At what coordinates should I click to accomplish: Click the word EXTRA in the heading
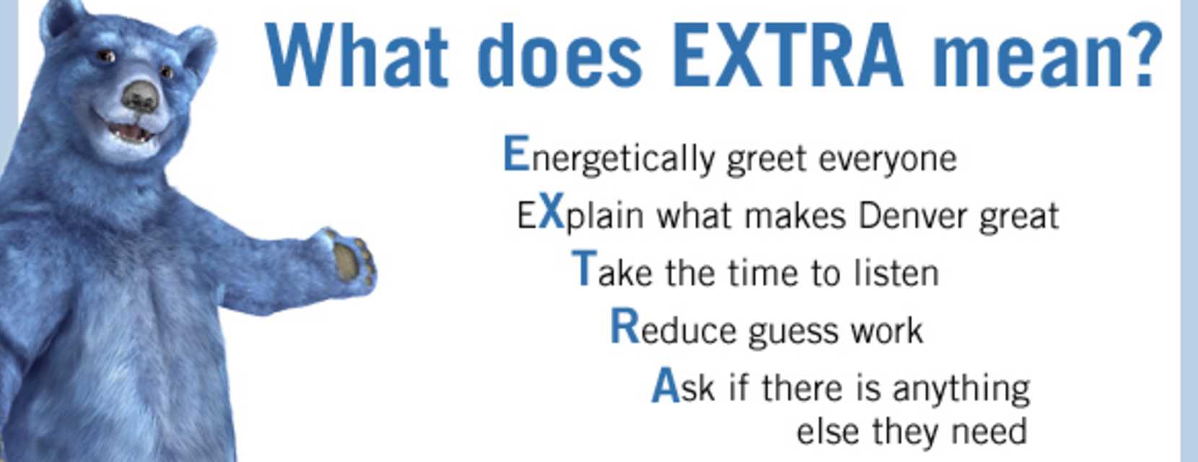click(x=787, y=55)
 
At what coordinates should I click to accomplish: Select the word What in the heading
click(x=357, y=55)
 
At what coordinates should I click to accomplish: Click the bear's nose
click(x=140, y=97)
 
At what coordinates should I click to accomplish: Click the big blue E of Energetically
click(x=517, y=153)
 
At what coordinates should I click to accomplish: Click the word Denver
click(x=912, y=216)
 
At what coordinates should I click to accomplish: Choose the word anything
click(x=961, y=389)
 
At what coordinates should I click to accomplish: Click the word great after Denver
click(x=1019, y=217)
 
